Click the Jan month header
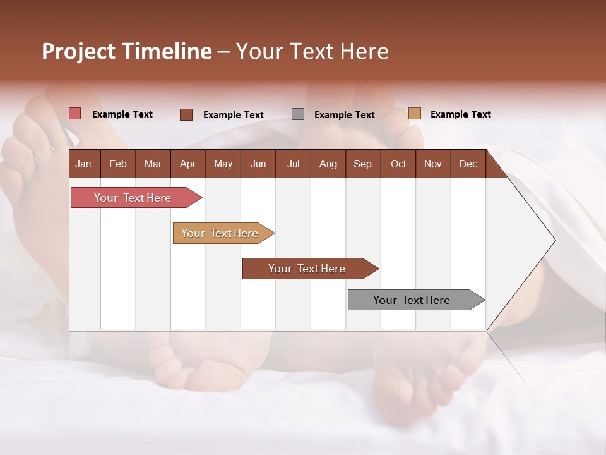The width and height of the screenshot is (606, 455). click(83, 164)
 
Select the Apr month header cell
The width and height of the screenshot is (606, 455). click(187, 164)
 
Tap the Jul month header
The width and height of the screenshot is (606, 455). click(293, 164)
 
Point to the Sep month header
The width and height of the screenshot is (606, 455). click(362, 164)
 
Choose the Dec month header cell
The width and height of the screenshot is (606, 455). click(468, 164)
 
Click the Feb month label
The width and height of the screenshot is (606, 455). click(118, 164)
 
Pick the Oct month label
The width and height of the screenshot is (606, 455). click(398, 164)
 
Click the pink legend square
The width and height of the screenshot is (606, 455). click(74, 114)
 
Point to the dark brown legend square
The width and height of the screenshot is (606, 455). click(186, 114)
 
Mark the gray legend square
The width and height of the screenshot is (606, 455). click(298, 114)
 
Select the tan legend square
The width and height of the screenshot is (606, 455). click(414, 114)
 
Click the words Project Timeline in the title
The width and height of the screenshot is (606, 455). click(127, 51)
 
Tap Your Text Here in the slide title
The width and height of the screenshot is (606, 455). click(312, 51)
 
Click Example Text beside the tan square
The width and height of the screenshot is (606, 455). click(460, 114)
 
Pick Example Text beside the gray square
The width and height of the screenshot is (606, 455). click(344, 115)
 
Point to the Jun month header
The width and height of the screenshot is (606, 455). click(258, 164)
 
